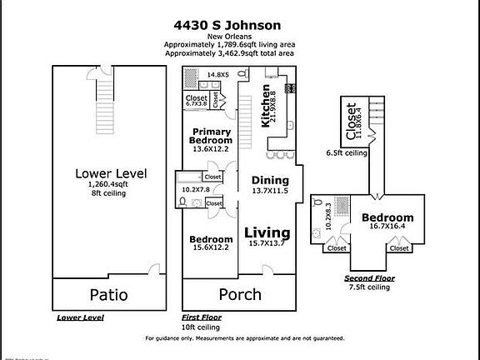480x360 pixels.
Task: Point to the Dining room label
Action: point(269,181)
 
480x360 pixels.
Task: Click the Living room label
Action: point(267,232)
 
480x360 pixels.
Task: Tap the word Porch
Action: point(239,294)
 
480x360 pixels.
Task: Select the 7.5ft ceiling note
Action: point(369,287)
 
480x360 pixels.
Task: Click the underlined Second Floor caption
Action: point(370,278)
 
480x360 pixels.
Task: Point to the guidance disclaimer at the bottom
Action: point(239,338)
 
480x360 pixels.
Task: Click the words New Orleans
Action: point(239,36)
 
